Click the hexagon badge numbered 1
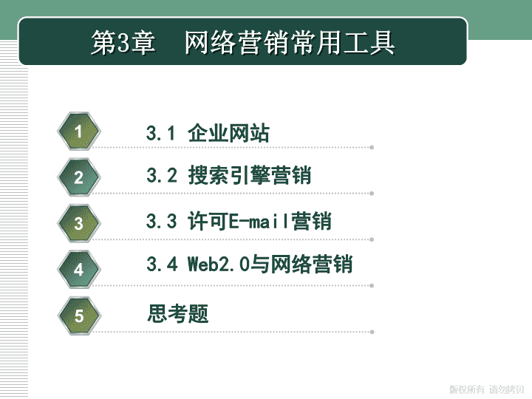click(x=79, y=132)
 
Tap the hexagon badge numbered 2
click(x=79, y=177)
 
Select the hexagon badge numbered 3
click(x=79, y=223)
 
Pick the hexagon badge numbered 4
click(x=79, y=270)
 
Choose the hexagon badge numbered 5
click(x=79, y=316)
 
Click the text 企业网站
click(x=228, y=133)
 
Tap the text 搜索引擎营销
click(x=250, y=175)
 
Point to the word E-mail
click(x=259, y=221)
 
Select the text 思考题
click(x=178, y=313)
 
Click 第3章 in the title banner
click(x=123, y=43)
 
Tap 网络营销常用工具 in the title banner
click(x=290, y=43)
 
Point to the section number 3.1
click(x=160, y=133)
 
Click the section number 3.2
click(x=162, y=175)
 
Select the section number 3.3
click(x=162, y=221)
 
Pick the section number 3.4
click(x=162, y=264)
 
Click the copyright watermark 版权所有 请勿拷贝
click(x=487, y=389)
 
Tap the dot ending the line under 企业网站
click(x=372, y=147)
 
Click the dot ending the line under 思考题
click(x=372, y=332)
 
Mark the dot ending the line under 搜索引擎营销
click(x=372, y=194)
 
